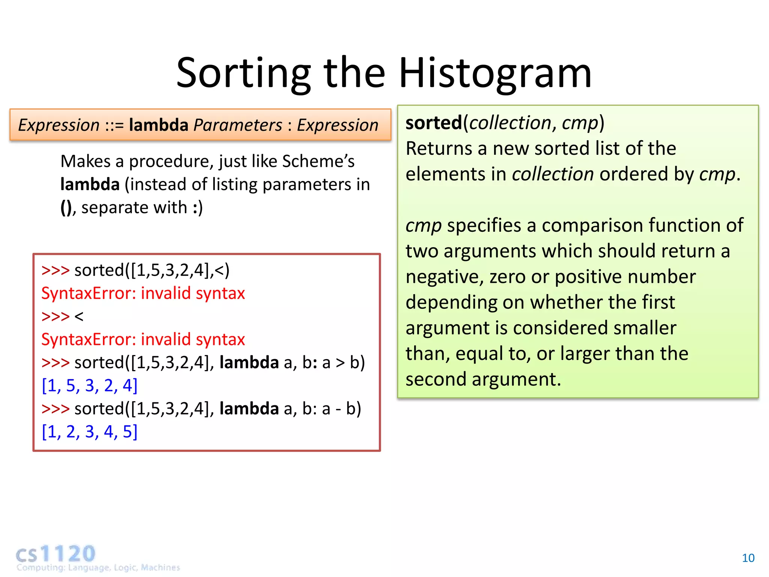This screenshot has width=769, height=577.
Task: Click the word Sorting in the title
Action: pyautogui.click(x=243, y=73)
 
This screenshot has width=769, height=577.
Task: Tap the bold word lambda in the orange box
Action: pyautogui.click(x=158, y=125)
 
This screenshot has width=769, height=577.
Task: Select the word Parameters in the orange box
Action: pyautogui.click(x=237, y=125)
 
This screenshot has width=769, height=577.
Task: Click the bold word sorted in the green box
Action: pyautogui.click(x=433, y=123)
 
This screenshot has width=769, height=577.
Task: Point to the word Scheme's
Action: pyautogui.click(x=318, y=161)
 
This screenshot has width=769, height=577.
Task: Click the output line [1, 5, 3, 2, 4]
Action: pyautogui.click(x=89, y=385)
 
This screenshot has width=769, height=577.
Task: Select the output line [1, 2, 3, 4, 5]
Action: pyautogui.click(x=89, y=432)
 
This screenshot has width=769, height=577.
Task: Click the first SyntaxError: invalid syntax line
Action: pyautogui.click(x=143, y=293)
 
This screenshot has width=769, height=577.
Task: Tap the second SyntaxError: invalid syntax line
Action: pyautogui.click(x=143, y=340)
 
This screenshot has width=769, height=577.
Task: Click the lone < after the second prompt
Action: pyautogui.click(x=79, y=317)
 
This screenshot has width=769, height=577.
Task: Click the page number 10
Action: pyautogui.click(x=748, y=558)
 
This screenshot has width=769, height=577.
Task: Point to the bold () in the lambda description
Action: pyautogui.click(x=66, y=208)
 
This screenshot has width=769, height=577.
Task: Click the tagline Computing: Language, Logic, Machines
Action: pyautogui.click(x=98, y=567)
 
